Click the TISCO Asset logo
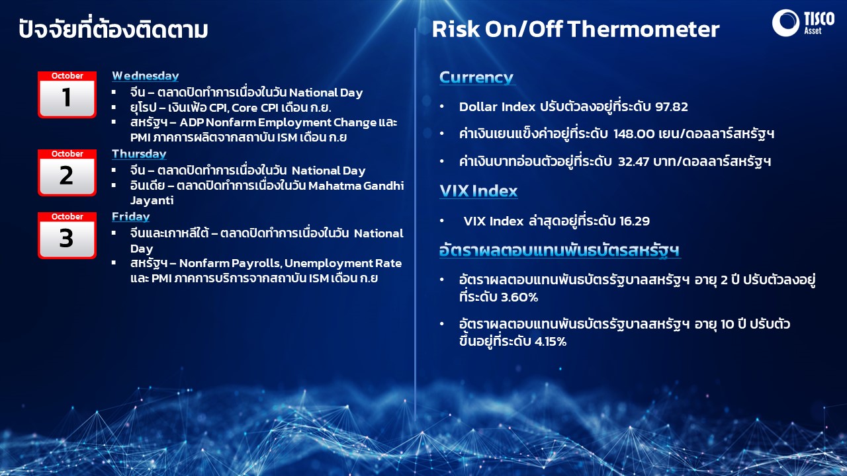click(x=803, y=23)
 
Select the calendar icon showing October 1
click(x=67, y=95)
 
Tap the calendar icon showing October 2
click(x=67, y=173)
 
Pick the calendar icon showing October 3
click(x=67, y=235)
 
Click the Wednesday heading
click(x=145, y=76)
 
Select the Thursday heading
click(x=139, y=154)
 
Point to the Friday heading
click(x=130, y=217)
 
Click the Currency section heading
click(x=476, y=77)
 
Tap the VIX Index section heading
click(x=478, y=191)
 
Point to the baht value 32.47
click(x=633, y=162)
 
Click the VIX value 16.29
click(x=635, y=221)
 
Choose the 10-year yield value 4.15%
click(x=550, y=342)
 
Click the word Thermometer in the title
click(x=643, y=30)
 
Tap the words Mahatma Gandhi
click(x=356, y=186)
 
